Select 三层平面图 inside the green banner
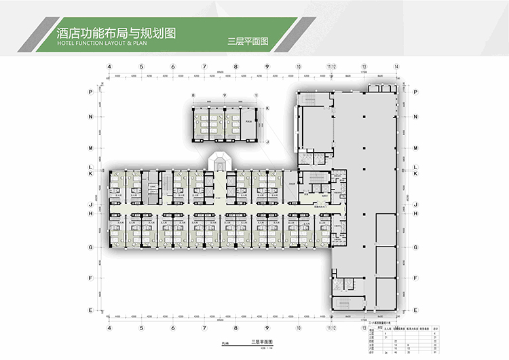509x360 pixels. click(248, 41)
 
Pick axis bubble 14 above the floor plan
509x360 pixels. click(396, 67)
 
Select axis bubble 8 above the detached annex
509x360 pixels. click(193, 96)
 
